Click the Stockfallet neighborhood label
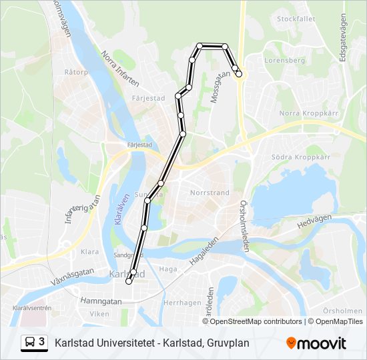click(296, 19)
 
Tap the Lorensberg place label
click(284, 60)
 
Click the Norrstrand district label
click(210, 193)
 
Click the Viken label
click(99, 313)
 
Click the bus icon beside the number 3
click(30, 343)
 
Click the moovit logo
click(316, 343)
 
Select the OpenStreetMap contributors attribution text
click(256, 321)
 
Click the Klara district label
click(89, 252)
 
